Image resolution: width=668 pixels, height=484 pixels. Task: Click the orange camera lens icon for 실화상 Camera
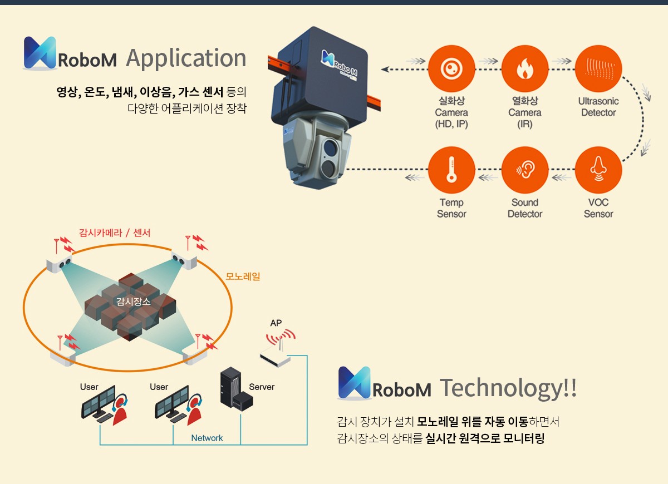pyautogui.click(x=451, y=69)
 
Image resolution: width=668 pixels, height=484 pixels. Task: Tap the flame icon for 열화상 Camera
pyautogui.click(x=524, y=69)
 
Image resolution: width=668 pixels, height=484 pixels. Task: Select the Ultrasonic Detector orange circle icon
pyautogui.click(x=598, y=69)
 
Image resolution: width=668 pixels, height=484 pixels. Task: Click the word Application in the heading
pyautogui.click(x=186, y=58)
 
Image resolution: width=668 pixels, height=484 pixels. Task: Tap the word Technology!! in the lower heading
pyautogui.click(x=508, y=388)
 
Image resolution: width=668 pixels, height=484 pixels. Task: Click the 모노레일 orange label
pyautogui.click(x=243, y=276)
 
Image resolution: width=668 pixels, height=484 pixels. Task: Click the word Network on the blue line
pyautogui.click(x=207, y=438)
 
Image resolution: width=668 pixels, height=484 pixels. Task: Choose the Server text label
pyautogui.click(x=262, y=387)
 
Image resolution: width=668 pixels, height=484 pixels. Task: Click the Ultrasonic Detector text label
pyautogui.click(x=598, y=107)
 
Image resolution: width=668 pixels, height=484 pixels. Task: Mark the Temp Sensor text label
pyautogui.click(x=451, y=208)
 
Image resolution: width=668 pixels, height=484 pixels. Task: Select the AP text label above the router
pyautogui.click(x=276, y=323)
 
